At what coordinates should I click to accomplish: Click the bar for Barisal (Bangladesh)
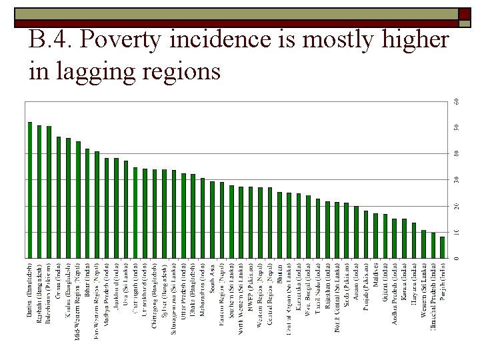pos(30,190)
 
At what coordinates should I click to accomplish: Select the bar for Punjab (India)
pos(442,247)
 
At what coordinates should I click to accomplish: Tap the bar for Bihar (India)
pos(87,203)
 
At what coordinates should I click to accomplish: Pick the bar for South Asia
pos(212,220)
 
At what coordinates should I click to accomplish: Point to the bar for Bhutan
pos(279,225)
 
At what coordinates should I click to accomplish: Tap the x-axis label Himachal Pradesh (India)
pos(433,297)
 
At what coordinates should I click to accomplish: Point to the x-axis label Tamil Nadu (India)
pos(318,287)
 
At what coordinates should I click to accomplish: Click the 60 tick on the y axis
pos(457,101)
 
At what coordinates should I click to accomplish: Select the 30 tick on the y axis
pos(457,179)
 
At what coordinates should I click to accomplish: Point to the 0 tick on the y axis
pos(457,257)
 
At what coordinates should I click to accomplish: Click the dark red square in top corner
pos(463,15)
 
